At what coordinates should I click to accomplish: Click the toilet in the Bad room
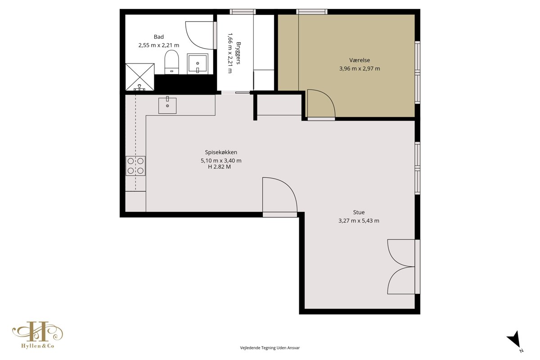(x=171, y=62)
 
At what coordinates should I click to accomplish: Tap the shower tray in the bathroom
(x=140, y=77)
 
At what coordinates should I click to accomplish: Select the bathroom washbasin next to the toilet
(x=198, y=63)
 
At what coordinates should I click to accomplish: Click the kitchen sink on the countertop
(x=167, y=105)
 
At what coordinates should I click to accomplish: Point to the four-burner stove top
(x=135, y=166)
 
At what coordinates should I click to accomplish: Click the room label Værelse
(x=360, y=60)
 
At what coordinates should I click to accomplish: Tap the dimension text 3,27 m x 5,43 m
(x=359, y=220)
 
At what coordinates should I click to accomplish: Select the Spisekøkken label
(x=221, y=152)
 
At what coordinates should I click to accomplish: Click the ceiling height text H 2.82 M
(x=220, y=166)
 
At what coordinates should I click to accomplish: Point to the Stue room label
(x=359, y=212)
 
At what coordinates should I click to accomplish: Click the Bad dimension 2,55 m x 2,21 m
(x=158, y=45)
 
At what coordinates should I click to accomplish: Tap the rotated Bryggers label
(x=238, y=53)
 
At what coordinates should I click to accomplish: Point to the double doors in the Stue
(x=401, y=267)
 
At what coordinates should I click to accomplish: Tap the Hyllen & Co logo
(x=38, y=335)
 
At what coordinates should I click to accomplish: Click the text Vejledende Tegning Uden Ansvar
(x=270, y=348)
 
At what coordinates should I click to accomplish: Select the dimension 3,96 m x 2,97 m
(x=360, y=68)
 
